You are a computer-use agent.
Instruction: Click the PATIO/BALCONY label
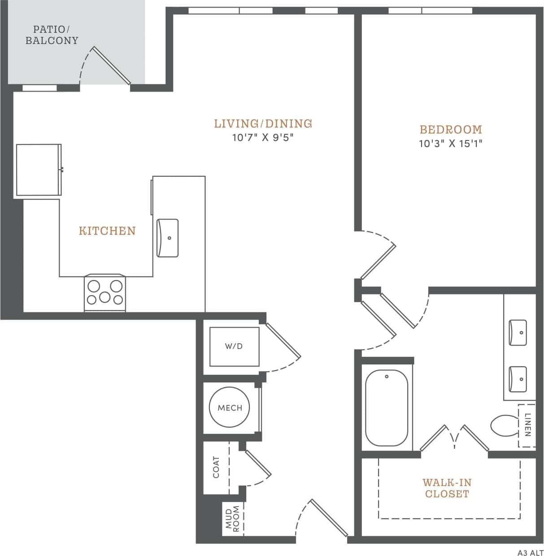(x=52, y=35)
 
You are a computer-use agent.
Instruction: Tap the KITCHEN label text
(x=107, y=231)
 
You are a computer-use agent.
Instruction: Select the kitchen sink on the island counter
(x=167, y=238)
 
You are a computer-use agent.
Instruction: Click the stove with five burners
(x=105, y=293)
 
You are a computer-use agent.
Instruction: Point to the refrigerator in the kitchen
(x=39, y=170)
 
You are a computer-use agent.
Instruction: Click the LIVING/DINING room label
(x=263, y=123)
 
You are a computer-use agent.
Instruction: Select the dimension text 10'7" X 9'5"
(x=263, y=137)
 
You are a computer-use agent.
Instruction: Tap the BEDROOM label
(x=451, y=130)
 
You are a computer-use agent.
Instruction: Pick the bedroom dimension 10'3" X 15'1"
(x=451, y=144)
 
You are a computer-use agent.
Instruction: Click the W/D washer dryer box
(x=234, y=346)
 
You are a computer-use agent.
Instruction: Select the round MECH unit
(x=230, y=407)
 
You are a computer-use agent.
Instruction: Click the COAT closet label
(x=216, y=467)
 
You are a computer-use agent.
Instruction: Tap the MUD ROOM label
(x=233, y=518)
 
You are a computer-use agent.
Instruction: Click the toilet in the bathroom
(x=505, y=425)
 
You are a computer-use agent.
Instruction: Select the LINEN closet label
(x=527, y=425)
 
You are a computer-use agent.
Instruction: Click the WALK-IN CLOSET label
(x=447, y=488)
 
